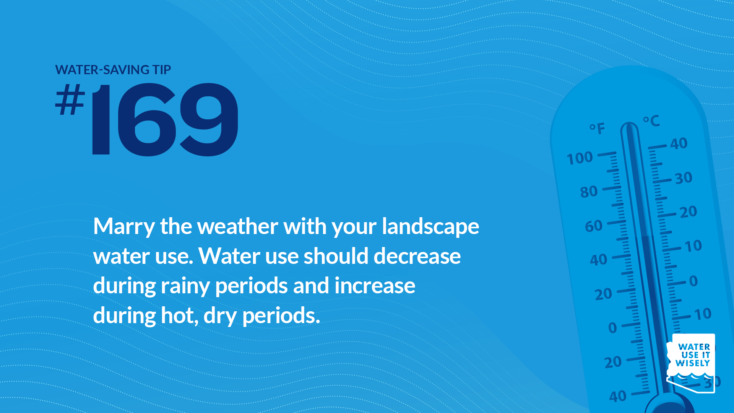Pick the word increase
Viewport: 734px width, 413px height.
(x=375, y=286)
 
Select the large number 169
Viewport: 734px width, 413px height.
(x=165, y=119)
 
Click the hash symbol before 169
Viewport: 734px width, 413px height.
(x=70, y=99)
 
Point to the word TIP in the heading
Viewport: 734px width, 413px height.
(x=162, y=70)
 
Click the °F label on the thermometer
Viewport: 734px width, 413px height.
(x=597, y=128)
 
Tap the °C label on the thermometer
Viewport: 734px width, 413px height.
(x=651, y=121)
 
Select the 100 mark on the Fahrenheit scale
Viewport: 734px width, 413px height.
(x=580, y=158)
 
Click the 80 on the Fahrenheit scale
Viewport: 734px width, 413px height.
(x=589, y=191)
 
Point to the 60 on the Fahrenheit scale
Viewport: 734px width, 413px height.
(x=594, y=226)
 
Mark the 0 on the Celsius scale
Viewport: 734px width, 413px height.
(x=693, y=281)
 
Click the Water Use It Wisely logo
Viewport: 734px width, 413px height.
(x=691, y=363)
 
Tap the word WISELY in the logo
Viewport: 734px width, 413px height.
(x=693, y=363)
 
